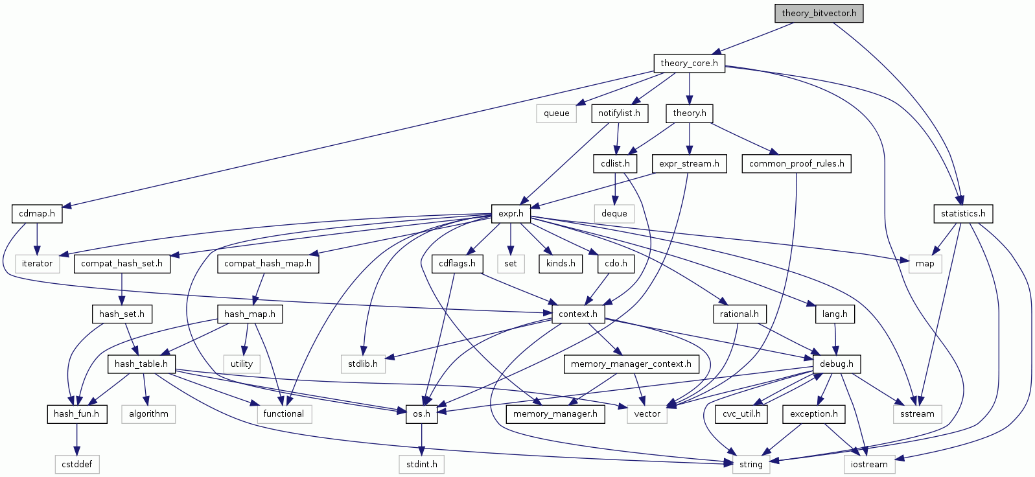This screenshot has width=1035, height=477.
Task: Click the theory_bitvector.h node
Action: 819,13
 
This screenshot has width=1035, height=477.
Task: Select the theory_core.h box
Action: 689,63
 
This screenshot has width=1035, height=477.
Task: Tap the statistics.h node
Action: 963,213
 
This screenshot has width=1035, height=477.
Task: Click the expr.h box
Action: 511,213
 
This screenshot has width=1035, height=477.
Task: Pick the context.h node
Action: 578,314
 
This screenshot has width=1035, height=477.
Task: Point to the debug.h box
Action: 836,364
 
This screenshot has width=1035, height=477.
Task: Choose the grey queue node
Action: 556,113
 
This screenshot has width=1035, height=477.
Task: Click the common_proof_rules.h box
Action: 797,163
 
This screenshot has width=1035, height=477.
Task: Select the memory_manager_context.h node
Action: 631,364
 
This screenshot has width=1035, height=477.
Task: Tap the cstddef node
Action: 77,464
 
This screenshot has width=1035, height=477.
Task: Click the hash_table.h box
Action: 141,364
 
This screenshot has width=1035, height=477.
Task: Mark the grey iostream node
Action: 869,464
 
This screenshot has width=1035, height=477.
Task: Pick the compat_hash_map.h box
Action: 268,263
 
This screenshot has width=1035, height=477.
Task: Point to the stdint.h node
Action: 421,464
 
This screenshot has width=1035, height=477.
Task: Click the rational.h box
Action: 739,314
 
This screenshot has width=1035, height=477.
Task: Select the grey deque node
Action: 614,213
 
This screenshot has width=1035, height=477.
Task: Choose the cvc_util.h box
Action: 741,413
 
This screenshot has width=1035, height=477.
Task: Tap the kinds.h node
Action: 561,263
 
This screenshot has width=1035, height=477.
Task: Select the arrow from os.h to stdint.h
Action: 421,439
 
